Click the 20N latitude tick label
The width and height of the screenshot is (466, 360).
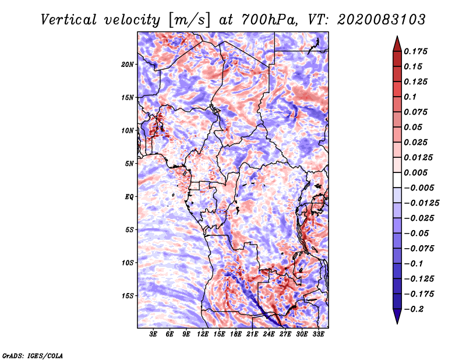[x=128, y=64]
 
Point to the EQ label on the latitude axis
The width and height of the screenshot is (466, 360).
[x=129, y=197]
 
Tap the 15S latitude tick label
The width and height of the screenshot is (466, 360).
[x=128, y=296]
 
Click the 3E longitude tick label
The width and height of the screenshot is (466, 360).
[x=154, y=335]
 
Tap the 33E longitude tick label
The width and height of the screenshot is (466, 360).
[x=318, y=335]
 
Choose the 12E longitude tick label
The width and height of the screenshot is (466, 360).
[x=203, y=335]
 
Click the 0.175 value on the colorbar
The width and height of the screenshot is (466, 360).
[x=417, y=52]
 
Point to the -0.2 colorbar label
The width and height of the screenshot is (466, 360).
[x=416, y=309]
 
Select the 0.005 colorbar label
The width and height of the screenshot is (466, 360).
[x=417, y=173]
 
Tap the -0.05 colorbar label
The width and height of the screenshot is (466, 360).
[x=416, y=234]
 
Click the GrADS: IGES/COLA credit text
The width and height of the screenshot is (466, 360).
[x=33, y=355]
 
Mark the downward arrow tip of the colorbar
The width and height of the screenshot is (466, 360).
[x=397, y=322]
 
